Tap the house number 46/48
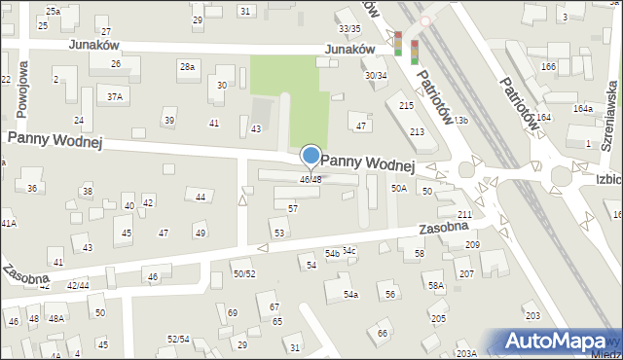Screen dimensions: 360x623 (x=311, y=179)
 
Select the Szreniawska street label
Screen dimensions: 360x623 (x=610, y=112)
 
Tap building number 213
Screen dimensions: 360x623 (x=418, y=131)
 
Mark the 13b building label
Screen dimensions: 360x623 (x=459, y=120)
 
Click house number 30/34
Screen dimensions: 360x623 (x=376, y=75)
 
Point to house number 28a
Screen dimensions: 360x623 (x=186, y=67)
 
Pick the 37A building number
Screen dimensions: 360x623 (x=115, y=96)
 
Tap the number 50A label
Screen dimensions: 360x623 (x=398, y=188)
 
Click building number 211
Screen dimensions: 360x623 (x=465, y=214)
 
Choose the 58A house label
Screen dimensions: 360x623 (x=435, y=286)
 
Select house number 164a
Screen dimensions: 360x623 (x=582, y=108)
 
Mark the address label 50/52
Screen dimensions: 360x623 (x=243, y=274)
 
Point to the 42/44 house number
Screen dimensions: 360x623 (x=78, y=285)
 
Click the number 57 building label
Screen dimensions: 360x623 (x=293, y=208)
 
